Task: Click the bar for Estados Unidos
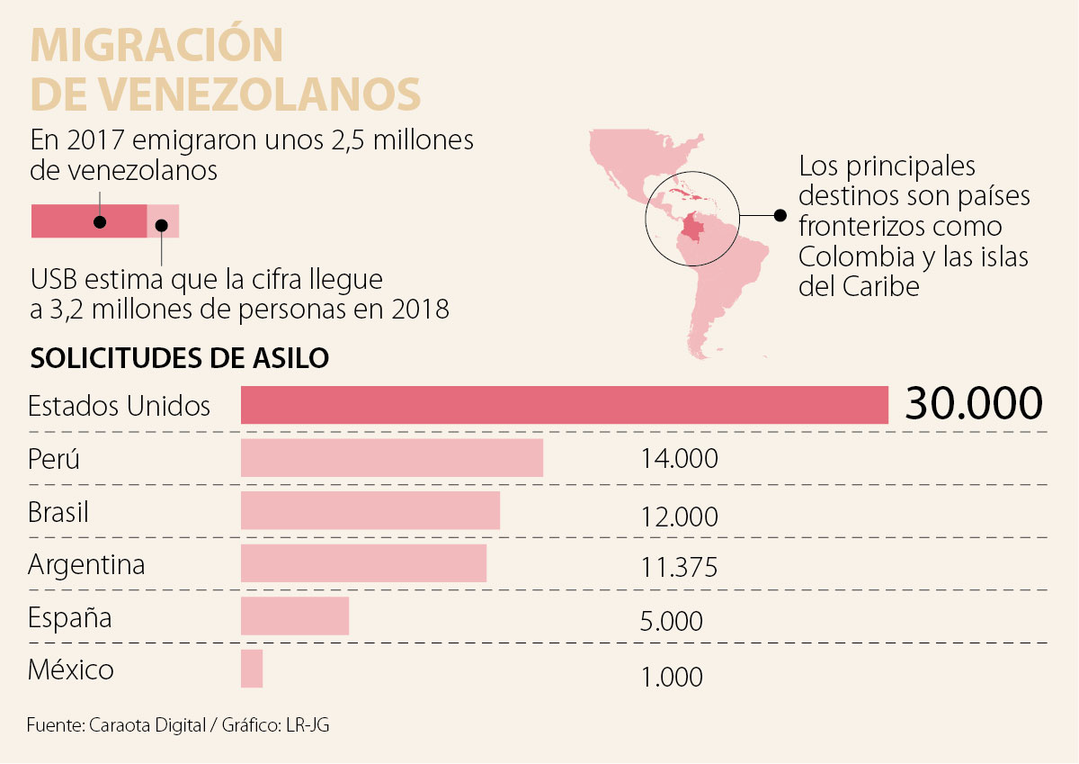click(x=564, y=405)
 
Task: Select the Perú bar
click(x=391, y=458)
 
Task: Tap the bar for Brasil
click(x=370, y=510)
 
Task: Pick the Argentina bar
click(x=363, y=563)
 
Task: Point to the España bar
click(x=294, y=617)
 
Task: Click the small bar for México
click(x=252, y=670)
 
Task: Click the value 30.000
click(x=973, y=404)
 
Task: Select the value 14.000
click(x=679, y=459)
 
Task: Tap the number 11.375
click(x=679, y=568)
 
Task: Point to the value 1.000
click(x=673, y=677)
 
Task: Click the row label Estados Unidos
click(x=119, y=406)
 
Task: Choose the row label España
click(x=70, y=618)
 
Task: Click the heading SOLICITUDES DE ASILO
click(x=180, y=357)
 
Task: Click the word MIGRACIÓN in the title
click(x=157, y=45)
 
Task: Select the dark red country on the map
click(x=693, y=230)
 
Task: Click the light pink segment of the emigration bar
click(x=163, y=220)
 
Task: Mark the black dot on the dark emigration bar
click(x=101, y=221)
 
